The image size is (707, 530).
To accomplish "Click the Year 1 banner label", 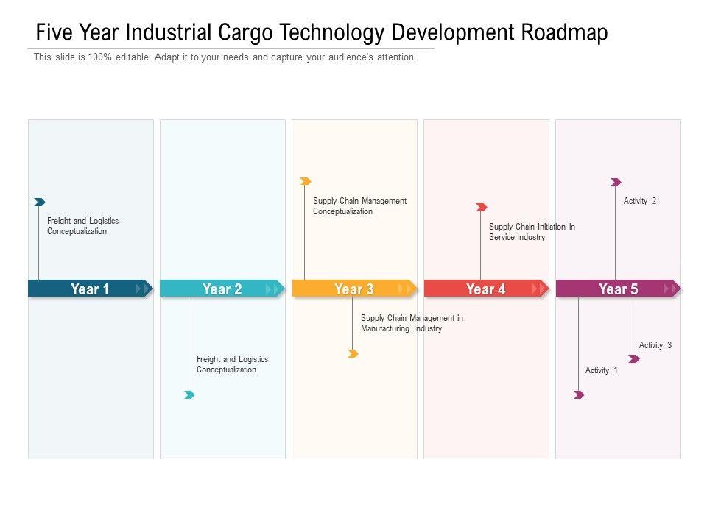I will (x=90, y=289).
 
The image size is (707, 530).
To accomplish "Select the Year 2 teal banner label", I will (x=222, y=289).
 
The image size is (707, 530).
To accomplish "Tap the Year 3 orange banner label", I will (x=353, y=289).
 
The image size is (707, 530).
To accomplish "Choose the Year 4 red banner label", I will (x=485, y=289).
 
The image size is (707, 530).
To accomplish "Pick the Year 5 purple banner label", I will (x=618, y=289).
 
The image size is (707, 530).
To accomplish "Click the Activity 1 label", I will (x=601, y=370).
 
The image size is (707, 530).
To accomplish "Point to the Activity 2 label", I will (x=639, y=201).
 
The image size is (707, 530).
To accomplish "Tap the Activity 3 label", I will (x=655, y=345).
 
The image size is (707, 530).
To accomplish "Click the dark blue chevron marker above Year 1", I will (x=40, y=202).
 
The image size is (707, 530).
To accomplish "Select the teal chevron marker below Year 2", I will (x=189, y=395).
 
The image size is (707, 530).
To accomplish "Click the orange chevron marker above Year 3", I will (x=306, y=181).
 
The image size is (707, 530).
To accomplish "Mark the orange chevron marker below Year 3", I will (x=353, y=354).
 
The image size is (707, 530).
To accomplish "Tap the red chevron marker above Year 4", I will (x=481, y=208).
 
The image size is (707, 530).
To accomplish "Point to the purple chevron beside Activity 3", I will (x=633, y=359).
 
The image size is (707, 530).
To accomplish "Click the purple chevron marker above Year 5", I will (x=616, y=182).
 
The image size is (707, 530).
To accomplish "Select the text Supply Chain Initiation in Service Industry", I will (x=532, y=232).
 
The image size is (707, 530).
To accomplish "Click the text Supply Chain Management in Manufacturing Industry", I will (x=412, y=323).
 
